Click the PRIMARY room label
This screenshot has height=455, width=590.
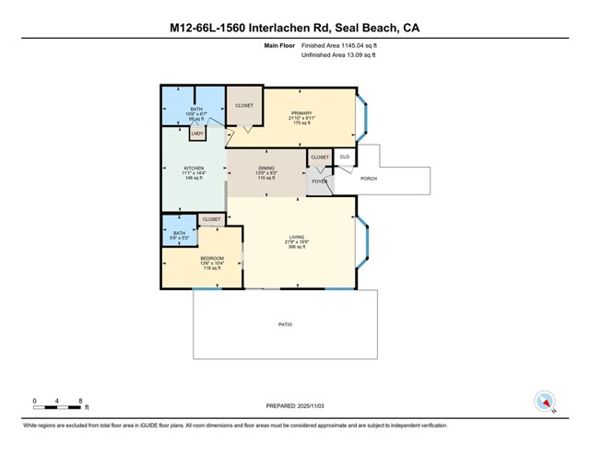click(301, 113)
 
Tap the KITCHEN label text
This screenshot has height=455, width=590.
click(193, 168)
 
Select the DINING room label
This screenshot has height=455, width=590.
click(265, 168)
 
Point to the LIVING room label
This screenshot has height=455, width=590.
click(297, 237)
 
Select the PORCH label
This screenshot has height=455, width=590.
click(368, 179)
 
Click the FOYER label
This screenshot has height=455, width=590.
click(320, 182)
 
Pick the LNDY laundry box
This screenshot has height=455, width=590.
click(197, 134)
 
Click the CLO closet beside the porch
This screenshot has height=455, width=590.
click(344, 157)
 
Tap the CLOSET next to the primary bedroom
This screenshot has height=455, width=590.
click(244, 105)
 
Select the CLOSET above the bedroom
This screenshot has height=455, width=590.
click(211, 219)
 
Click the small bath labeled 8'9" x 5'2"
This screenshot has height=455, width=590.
click(179, 235)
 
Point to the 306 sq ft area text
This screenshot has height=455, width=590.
click(297, 247)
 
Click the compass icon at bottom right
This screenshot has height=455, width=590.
click(544, 402)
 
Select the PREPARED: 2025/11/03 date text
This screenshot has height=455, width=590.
click(295, 404)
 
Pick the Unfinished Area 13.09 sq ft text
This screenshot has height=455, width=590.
click(338, 55)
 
